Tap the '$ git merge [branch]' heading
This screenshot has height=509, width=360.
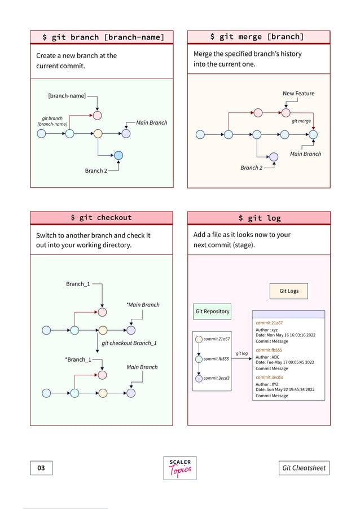tap(257, 37)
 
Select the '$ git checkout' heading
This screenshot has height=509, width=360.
tap(101, 217)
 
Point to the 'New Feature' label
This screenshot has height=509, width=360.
tap(298, 93)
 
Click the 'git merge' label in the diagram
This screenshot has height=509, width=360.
tap(301, 121)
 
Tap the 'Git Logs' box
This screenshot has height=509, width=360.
tap(289, 291)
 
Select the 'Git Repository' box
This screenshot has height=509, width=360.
tap(212, 311)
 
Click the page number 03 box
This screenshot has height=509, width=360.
tap(41, 468)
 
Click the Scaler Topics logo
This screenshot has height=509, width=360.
tap(180, 468)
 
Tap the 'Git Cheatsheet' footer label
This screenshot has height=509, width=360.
tap(304, 468)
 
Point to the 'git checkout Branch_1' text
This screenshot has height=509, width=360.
tap(129, 343)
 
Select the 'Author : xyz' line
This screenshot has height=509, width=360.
tap(267, 330)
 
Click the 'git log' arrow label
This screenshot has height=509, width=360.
tap(242, 354)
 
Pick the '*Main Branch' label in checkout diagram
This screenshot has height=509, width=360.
tap(143, 305)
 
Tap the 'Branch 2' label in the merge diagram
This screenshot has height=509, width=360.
tap(251, 168)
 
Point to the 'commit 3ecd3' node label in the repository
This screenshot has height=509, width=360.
tap(216, 378)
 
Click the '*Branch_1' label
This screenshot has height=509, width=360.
tap(78, 359)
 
